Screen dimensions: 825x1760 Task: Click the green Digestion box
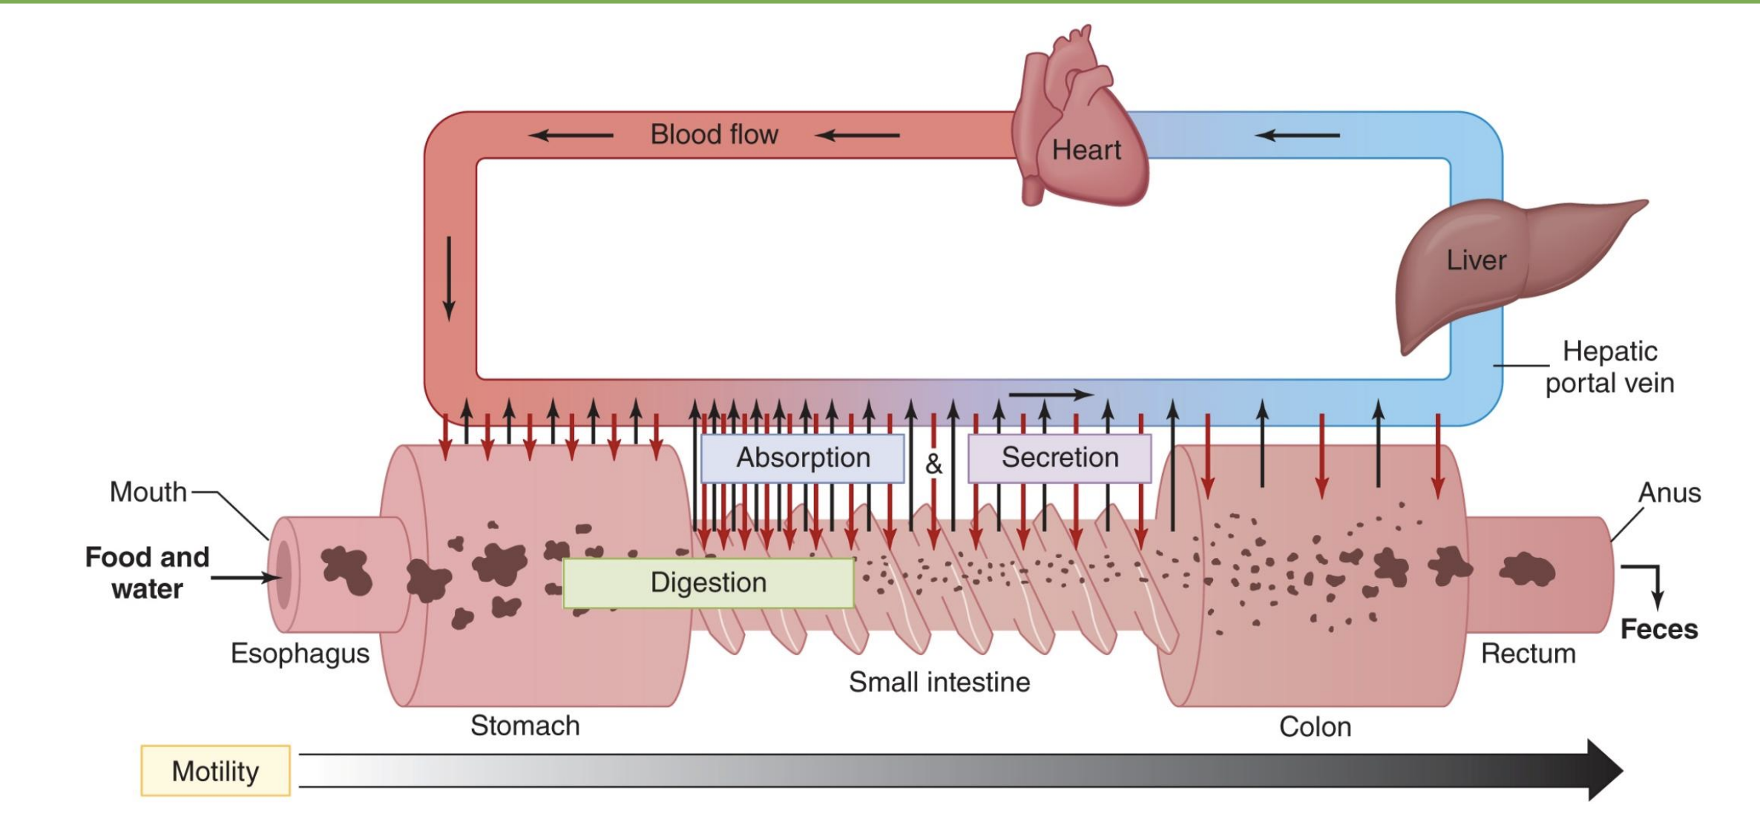click(x=708, y=583)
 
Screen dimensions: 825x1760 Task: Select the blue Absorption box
click(x=803, y=458)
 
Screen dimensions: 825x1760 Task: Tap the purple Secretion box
click(x=1060, y=458)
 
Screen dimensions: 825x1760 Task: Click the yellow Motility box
click(x=215, y=771)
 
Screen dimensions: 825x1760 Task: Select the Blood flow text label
click(x=714, y=134)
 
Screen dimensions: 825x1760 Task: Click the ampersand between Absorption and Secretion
click(x=933, y=464)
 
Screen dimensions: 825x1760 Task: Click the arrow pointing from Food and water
click(x=245, y=577)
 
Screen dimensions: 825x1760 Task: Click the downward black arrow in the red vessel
click(x=449, y=278)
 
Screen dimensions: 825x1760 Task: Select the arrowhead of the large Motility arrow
click(x=1603, y=770)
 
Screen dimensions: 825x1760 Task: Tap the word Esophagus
click(x=300, y=654)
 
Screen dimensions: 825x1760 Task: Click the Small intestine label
click(x=939, y=682)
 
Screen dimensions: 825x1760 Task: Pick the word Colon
click(x=1315, y=726)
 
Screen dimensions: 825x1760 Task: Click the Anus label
click(x=1669, y=493)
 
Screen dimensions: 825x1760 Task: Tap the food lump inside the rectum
click(x=1526, y=570)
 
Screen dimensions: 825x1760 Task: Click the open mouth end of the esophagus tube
click(x=282, y=575)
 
